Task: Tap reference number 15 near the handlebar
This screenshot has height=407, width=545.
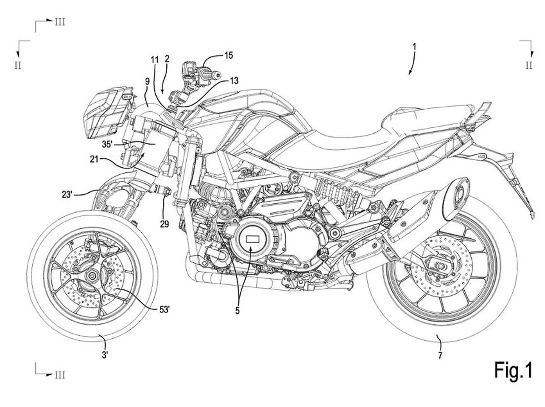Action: pyautogui.click(x=228, y=55)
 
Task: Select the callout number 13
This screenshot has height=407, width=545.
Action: pyautogui.click(x=234, y=81)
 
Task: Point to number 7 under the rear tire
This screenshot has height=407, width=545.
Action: pyautogui.click(x=440, y=355)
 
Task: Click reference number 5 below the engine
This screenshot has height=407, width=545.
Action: pyautogui.click(x=238, y=312)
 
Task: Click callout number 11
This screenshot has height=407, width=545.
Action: pyautogui.click(x=154, y=59)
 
